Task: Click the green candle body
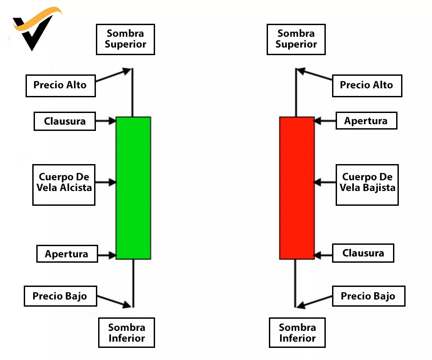pyautogui.click(x=133, y=188)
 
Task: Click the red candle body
pyautogui.click(x=297, y=188)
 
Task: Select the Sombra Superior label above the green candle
pyautogui.click(x=125, y=39)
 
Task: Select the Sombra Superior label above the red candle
pyautogui.click(x=296, y=39)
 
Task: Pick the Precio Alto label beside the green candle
pyautogui.click(x=60, y=85)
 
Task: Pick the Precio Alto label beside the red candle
pyautogui.click(x=367, y=85)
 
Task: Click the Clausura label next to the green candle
pyautogui.click(x=65, y=121)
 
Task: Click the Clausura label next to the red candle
pyautogui.click(x=363, y=253)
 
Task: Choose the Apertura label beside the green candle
pyautogui.click(x=66, y=254)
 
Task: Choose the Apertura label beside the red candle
pyautogui.click(x=366, y=121)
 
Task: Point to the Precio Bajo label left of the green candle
pyautogui.click(x=60, y=296)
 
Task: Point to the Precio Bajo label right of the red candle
pyautogui.click(x=368, y=296)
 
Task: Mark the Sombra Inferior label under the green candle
pyautogui.click(x=126, y=333)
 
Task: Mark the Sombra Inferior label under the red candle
pyautogui.click(x=297, y=333)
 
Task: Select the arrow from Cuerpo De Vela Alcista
pyautogui.click(x=105, y=182)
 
